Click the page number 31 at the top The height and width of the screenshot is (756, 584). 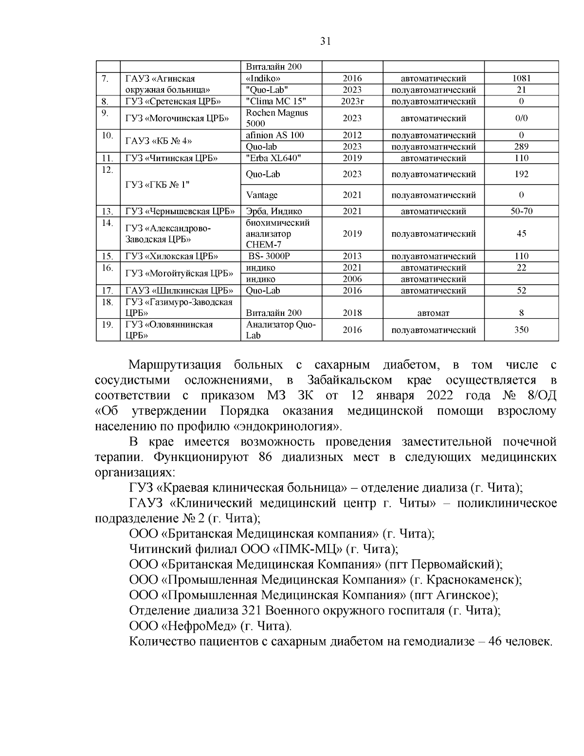coord(326,41)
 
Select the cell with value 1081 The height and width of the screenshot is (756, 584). coord(521,78)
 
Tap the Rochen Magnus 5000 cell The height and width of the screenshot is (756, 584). coord(277,118)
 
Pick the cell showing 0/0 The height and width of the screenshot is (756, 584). coord(521,118)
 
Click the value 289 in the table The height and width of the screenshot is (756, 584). coord(521,147)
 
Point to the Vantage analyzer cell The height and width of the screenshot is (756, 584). coord(262,195)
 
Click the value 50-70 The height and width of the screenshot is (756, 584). coord(521,211)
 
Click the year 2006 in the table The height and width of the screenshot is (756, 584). coord(352,279)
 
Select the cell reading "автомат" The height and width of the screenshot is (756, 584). coord(433,313)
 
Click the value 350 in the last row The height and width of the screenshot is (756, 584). coord(521,330)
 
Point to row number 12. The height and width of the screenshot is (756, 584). coord(107,170)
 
